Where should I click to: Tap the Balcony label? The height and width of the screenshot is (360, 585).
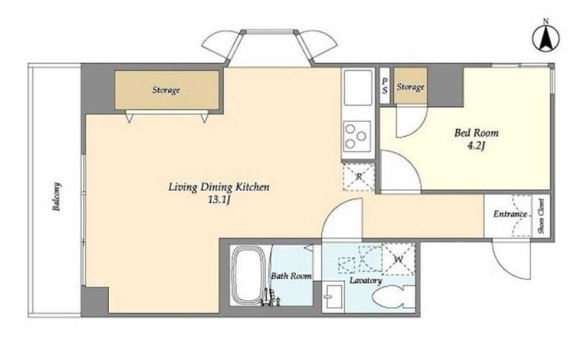57,197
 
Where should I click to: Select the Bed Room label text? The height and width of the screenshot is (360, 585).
476,133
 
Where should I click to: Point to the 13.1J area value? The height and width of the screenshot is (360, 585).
218,199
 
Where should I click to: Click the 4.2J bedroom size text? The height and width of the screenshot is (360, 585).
476,146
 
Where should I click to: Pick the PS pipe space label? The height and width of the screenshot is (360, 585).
385,86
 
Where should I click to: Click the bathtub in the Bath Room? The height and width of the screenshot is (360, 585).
249,275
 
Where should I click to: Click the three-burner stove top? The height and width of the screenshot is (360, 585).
357,136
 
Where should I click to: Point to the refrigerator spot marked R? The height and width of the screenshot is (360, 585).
358,177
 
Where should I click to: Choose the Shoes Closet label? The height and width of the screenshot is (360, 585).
541,217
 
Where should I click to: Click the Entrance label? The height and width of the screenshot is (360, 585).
510,214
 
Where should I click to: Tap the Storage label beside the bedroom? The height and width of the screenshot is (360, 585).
410,87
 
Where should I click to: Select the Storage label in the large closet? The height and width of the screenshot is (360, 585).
166,90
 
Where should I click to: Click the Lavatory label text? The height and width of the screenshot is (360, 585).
365,280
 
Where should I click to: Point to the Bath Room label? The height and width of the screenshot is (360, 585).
291,276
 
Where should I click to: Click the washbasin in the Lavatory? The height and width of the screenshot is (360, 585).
334,296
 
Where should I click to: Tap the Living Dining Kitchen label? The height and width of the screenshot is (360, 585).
218,186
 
